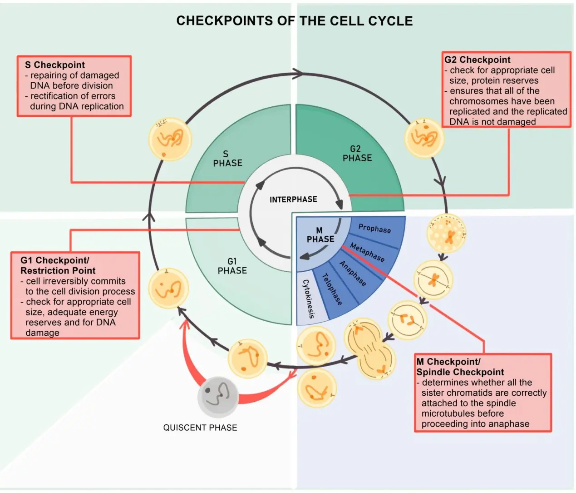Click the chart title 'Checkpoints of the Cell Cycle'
point(294,21)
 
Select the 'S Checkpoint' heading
point(55,65)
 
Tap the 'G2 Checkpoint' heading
point(478,60)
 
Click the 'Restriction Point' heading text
point(58,271)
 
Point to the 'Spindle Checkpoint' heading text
point(460,372)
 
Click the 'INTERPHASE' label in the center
point(293,199)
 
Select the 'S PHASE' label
point(227,159)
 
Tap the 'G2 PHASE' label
point(357,154)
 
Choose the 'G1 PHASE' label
point(232,266)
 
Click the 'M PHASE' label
point(320,234)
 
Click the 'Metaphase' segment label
point(367,252)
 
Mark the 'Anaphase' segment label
point(353,274)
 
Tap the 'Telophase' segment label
point(332,289)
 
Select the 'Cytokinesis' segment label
point(309,299)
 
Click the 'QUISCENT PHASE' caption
point(200,428)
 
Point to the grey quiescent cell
point(218,397)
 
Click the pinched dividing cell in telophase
point(369,349)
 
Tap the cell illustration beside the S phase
point(170,139)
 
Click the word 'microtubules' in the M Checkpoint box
point(463,413)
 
